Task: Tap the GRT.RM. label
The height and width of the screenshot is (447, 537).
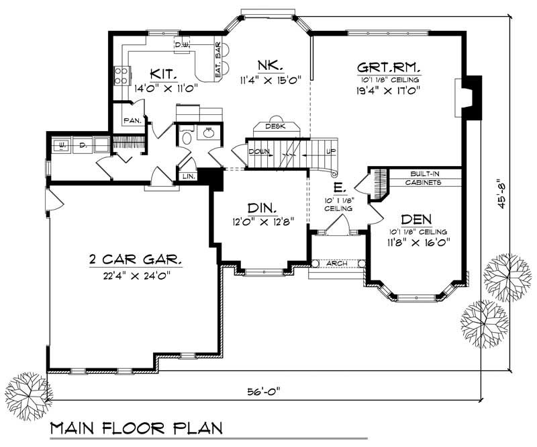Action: coord(389,67)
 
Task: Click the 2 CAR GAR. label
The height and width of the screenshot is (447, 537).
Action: coord(136,259)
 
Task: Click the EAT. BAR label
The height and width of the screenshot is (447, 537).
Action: coord(218,60)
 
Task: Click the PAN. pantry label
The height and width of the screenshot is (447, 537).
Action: coord(131,121)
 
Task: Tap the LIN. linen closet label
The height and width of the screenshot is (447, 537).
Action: coord(187,176)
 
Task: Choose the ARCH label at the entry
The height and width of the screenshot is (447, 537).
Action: coord(338,263)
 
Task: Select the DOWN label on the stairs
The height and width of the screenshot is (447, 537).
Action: coord(259,152)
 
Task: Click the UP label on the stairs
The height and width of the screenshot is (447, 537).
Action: coord(329,152)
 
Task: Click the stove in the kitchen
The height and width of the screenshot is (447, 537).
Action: coord(122,75)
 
